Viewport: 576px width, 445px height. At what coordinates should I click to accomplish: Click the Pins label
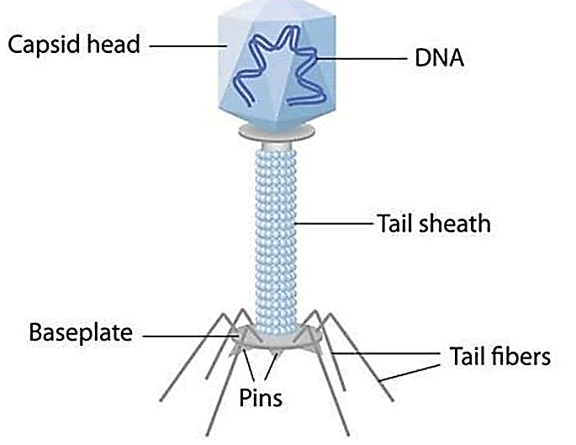pyautogui.click(x=260, y=396)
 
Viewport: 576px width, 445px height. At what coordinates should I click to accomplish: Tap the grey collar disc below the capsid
pyautogui.click(x=277, y=131)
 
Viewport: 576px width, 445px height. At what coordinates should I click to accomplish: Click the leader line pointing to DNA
pyautogui.click(x=370, y=59)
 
